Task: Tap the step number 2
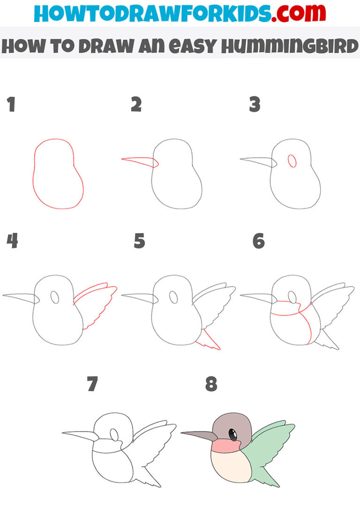[x=136, y=105]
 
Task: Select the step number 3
[x=255, y=105]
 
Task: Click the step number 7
[x=92, y=384]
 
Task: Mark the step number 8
[x=211, y=384]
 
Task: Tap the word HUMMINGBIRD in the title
[x=291, y=47]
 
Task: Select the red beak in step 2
[x=141, y=161]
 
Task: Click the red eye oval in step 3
[x=292, y=161]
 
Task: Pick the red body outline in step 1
[x=33, y=174]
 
